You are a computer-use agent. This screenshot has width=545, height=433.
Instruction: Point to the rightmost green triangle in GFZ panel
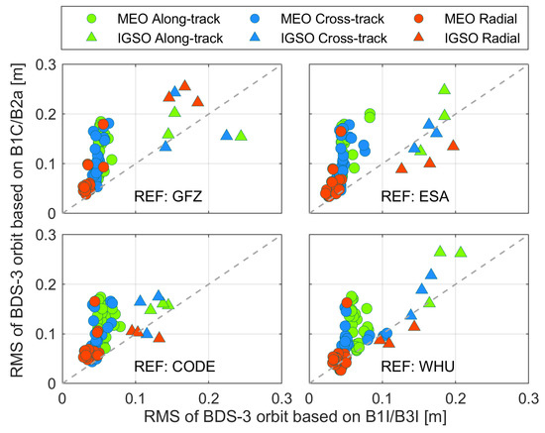[241, 136]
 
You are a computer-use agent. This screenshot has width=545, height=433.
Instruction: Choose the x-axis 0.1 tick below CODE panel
[136, 395]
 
